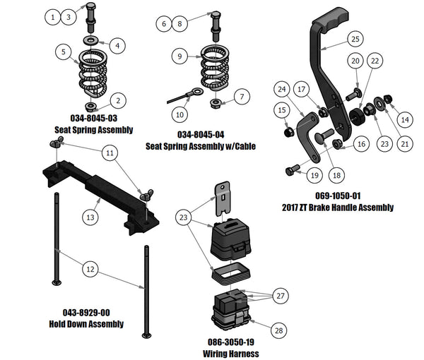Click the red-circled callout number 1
coord(54,16)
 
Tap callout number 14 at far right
coord(404,120)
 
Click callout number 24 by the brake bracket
coord(282,90)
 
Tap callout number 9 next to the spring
coord(181,55)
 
